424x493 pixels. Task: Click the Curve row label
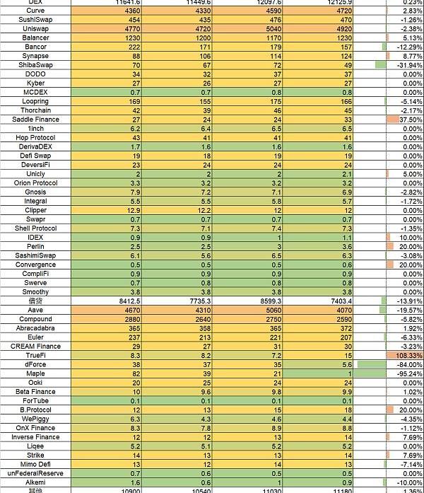tap(35, 11)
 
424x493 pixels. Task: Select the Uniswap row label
tap(35, 29)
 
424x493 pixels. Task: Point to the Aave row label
tap(35, 310)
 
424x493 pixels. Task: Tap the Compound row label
tap(35, 319)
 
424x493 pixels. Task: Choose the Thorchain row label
tap(35, 110)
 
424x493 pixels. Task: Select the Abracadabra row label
tap(35, 328)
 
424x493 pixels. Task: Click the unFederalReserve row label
tap(35, 473)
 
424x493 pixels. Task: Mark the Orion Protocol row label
tap(35, 182)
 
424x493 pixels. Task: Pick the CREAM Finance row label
tap(35, 347)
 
